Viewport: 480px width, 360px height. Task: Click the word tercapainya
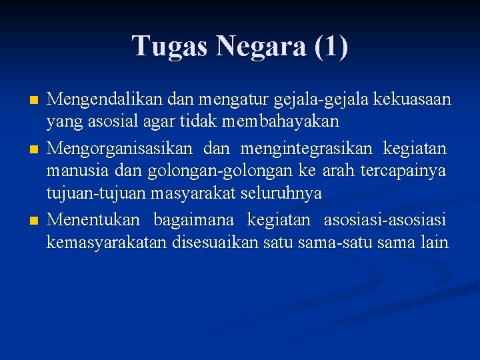pyautogui.click(x=403, y=171)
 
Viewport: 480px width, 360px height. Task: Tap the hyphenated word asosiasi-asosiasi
pyautogui.click(x=385, y=219)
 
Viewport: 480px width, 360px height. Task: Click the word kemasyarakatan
pyautogui.click(x=107, y=242)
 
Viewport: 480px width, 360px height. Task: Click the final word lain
pyautogui.click(x=435, y=242)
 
